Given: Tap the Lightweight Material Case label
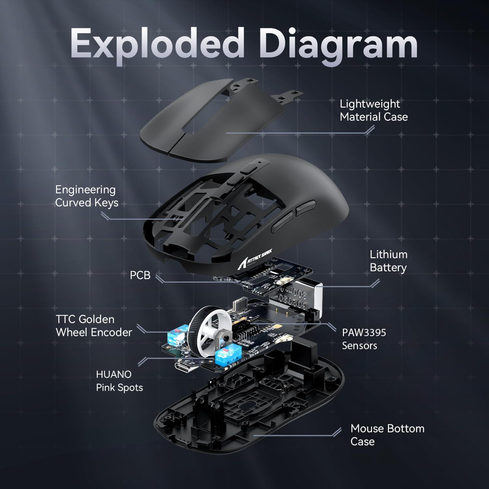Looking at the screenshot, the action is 374,110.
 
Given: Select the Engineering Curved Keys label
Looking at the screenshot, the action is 87,196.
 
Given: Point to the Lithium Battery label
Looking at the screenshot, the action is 388,261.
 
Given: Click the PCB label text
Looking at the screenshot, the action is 140,275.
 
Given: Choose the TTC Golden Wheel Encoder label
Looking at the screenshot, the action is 94,326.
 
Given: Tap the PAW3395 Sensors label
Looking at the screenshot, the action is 364,339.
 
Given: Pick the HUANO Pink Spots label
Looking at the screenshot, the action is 119,381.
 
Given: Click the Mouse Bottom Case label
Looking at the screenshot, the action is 387,435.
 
